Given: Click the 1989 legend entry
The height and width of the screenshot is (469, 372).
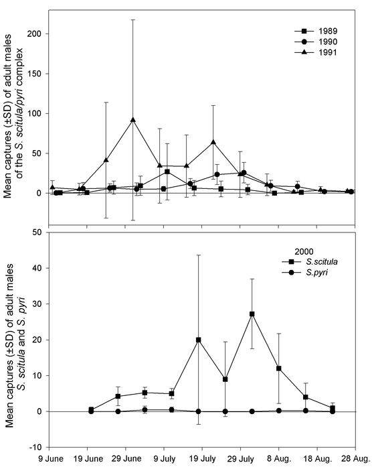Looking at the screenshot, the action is tap(316, 31).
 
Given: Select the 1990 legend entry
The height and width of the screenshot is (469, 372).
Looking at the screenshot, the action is tap(316, 42).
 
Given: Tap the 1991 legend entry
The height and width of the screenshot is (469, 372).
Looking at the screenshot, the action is tap(316, 52).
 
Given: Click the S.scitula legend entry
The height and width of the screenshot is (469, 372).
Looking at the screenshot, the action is tap(310, 262).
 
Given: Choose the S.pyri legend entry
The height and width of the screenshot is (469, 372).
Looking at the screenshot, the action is tap(305, 273).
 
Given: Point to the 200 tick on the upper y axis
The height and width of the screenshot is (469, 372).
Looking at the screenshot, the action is tap(34, 33).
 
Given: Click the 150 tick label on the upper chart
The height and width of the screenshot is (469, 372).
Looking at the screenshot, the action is tap(34, 74).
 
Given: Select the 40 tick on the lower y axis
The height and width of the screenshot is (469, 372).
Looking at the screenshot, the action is tap(37, 268).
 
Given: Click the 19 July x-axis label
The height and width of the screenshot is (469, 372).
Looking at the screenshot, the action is tap(203, 459).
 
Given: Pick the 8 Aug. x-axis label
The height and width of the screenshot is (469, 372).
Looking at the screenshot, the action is tap(279, 459).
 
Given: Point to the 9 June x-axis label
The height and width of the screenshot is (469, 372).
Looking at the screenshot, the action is tap(51, 459).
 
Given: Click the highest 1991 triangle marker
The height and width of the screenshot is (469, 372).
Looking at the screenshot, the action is tap(133, 120).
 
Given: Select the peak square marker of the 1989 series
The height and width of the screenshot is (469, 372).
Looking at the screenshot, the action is tap(167, 172).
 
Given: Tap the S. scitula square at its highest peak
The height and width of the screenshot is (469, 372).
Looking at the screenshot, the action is tap(252, 314).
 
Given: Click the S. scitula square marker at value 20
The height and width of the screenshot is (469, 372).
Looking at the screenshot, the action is tap(198, 340).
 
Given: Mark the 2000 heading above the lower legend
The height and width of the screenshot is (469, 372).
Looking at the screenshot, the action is tap(304, 251).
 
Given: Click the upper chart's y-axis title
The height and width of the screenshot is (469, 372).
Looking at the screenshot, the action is tap(14, 116).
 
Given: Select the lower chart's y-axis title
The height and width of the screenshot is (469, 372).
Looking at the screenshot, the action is tap(14, 346).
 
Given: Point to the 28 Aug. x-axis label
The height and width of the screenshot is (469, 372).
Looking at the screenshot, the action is tap(356, 459).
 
